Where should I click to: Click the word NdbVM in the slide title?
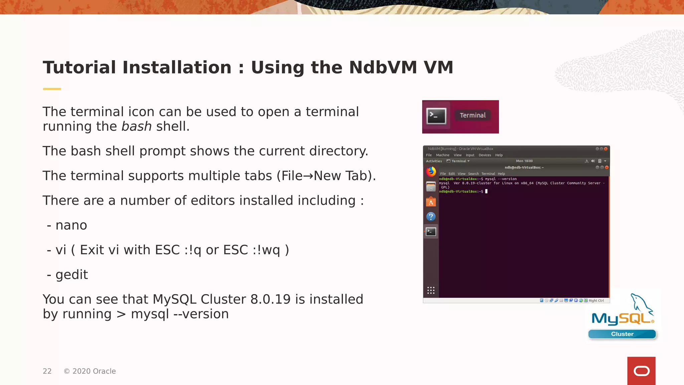pos(383,68)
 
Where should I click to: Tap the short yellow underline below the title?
pos(52,89)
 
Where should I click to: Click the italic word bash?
pos(136,127)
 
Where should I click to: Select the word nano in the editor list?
pos(71,225)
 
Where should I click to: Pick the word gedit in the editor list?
pos(71,275)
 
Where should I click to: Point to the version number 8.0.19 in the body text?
pos(271,299)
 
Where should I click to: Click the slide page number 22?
pos(47,371)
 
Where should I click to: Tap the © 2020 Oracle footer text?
pos(90,371)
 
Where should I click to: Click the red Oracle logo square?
pos(641,371)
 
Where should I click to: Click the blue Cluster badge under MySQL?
pos(622,334)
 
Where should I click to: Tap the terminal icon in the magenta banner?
pos(436,116)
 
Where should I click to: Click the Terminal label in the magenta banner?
pos(473,115)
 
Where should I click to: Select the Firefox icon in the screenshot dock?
pos(431,172)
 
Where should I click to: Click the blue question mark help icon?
pos(431,217)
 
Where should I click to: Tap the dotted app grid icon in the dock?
pos(431,290)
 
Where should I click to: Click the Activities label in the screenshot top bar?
pos(434,161)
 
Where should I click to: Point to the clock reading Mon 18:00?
pos(524,161)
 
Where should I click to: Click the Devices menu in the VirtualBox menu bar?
pos(485,155)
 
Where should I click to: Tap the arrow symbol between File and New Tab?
pos(308,176)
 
